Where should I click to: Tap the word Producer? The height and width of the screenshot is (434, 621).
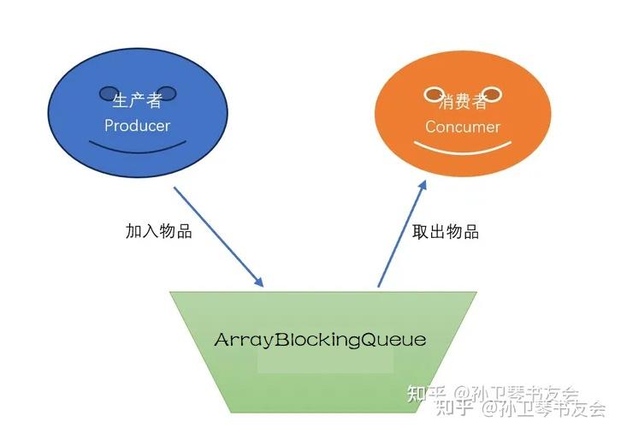[x=137, y=126]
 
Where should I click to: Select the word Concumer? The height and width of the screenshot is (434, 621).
[x=463, y=127]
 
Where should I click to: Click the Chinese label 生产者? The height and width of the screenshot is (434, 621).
[x=137, y=101]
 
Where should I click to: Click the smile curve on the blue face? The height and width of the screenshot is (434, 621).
[x=138, y=151]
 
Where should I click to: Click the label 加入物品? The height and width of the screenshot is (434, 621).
[x=158, y=232]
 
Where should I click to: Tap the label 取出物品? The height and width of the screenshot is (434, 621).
[x=445, y=232]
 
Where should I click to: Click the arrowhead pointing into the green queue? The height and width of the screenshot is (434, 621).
[x=259, y=282]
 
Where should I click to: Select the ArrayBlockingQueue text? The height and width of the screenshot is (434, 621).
[x=320, y=340]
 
